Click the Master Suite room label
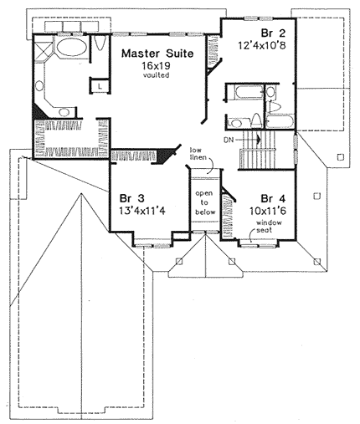coord(157,54)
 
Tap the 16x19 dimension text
coord(156,66)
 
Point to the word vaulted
coord(156,74)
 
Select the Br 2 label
coord(273,33)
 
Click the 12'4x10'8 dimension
coord(262,45)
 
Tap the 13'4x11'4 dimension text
coord(142,211)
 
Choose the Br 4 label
coord(273,199)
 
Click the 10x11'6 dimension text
coord(268,211)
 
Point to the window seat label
coord(269,226)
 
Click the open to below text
coord(205,202)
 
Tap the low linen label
coord(198,154)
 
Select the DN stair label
coord(228,139)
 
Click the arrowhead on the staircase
coord(259,139)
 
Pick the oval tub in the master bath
coord(72,47)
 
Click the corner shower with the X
coord(43,52)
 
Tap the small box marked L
coord(100,86)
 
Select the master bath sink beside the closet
coord(64,112)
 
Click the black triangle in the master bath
coord(39,111)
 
